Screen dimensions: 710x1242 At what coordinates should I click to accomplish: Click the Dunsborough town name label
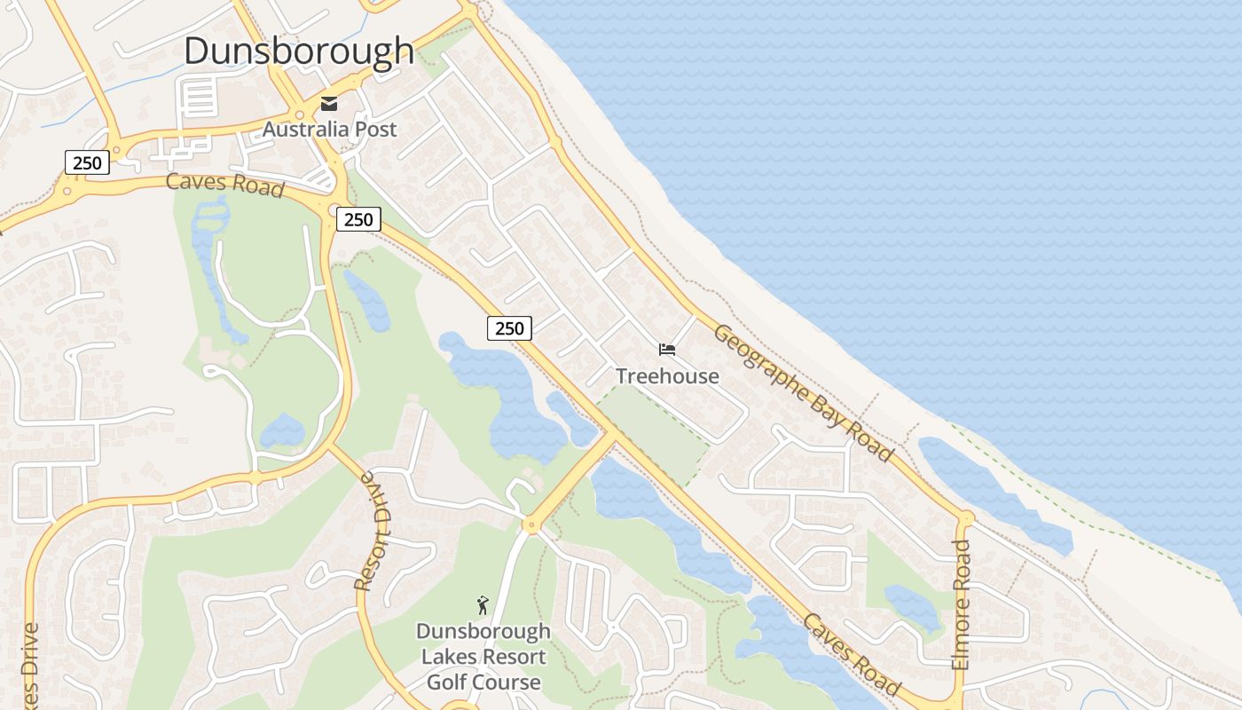(299, 51)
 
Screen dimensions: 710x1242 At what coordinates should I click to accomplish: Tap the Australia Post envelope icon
(329, 104)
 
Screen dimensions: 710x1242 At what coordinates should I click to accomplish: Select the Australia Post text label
(329, 130)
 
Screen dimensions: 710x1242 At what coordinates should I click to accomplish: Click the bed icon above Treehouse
(667, 351)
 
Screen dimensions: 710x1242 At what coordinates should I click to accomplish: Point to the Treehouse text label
(667, 376)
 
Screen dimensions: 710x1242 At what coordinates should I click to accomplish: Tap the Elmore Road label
(962, 604)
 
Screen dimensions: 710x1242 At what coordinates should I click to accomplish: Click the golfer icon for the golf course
(483, 605)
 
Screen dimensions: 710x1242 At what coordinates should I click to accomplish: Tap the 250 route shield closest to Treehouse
(509, 328)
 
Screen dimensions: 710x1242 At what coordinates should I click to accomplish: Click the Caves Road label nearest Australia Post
(225, 185)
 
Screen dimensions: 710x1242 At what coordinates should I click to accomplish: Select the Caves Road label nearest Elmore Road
(851, 654)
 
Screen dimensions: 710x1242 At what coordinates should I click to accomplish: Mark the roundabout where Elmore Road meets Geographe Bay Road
(964, 517)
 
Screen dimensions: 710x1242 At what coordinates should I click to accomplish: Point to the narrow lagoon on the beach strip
(994, 488)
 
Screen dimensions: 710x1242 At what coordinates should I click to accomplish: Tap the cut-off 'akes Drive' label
(30, 666)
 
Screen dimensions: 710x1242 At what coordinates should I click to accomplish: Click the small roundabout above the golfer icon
(531, 525)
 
